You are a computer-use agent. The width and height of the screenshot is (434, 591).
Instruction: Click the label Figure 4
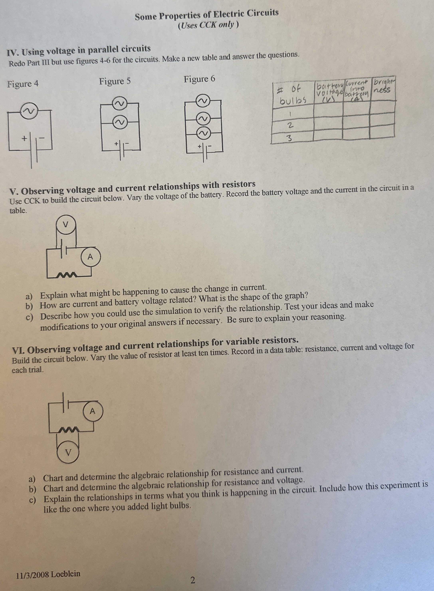tap(23, 84)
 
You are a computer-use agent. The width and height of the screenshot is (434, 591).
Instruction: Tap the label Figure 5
tap(115, 81)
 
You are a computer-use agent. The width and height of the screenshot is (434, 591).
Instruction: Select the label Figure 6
tap(199, 79)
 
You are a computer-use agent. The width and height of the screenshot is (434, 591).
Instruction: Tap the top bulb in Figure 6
tap(204, 101)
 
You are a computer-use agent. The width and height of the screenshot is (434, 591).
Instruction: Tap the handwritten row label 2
tap(290, 126)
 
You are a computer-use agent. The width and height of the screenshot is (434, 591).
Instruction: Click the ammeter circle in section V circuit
tap(90, 257)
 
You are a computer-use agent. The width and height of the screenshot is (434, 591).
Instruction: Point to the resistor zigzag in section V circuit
tap(67, 275)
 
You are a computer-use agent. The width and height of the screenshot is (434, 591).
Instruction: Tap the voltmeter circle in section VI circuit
tap(68, 452)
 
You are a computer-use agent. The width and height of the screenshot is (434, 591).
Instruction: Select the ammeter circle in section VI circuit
tap(92, 411)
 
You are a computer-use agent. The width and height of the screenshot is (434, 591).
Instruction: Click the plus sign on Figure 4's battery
tap(24, 138)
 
